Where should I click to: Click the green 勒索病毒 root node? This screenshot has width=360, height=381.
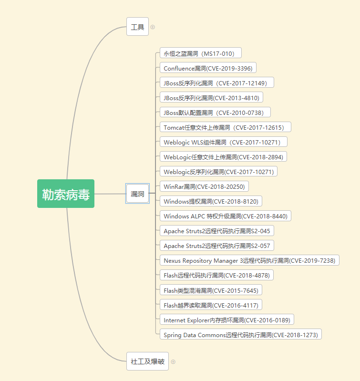point(66,194)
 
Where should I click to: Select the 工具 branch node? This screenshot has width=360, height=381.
point(137,27)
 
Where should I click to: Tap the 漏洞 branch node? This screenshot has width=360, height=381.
point(137,194)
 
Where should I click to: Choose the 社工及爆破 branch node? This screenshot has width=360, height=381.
point(147,361)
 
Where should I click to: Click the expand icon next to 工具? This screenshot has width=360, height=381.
point(153,27)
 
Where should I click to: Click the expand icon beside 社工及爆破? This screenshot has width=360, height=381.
point(173,362)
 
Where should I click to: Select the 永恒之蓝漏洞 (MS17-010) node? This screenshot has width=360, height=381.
point(200,53)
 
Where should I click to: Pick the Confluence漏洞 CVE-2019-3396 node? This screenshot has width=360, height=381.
point(208,68)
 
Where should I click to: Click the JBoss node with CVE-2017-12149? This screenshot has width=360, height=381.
point(217,82)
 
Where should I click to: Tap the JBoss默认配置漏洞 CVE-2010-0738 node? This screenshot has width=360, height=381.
point(215,113)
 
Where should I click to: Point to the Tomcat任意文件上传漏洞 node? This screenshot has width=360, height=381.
point(225,127)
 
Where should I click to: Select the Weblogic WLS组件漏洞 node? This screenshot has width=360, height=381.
point(224,142)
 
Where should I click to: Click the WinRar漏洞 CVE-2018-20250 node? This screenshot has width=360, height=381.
point(204,186)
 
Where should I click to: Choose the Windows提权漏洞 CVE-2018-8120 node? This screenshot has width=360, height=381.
point(211,201)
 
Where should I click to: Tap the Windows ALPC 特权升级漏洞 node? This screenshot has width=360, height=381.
point(225,216)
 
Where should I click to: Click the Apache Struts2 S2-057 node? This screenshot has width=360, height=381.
point(217,246)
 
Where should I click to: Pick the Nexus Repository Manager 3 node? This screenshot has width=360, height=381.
point(249,260)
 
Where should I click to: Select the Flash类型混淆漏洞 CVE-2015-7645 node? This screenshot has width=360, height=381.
point(211,290)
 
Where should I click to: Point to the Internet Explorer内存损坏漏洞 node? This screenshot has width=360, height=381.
point(226,319)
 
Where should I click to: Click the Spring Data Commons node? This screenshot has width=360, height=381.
point(241,334)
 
